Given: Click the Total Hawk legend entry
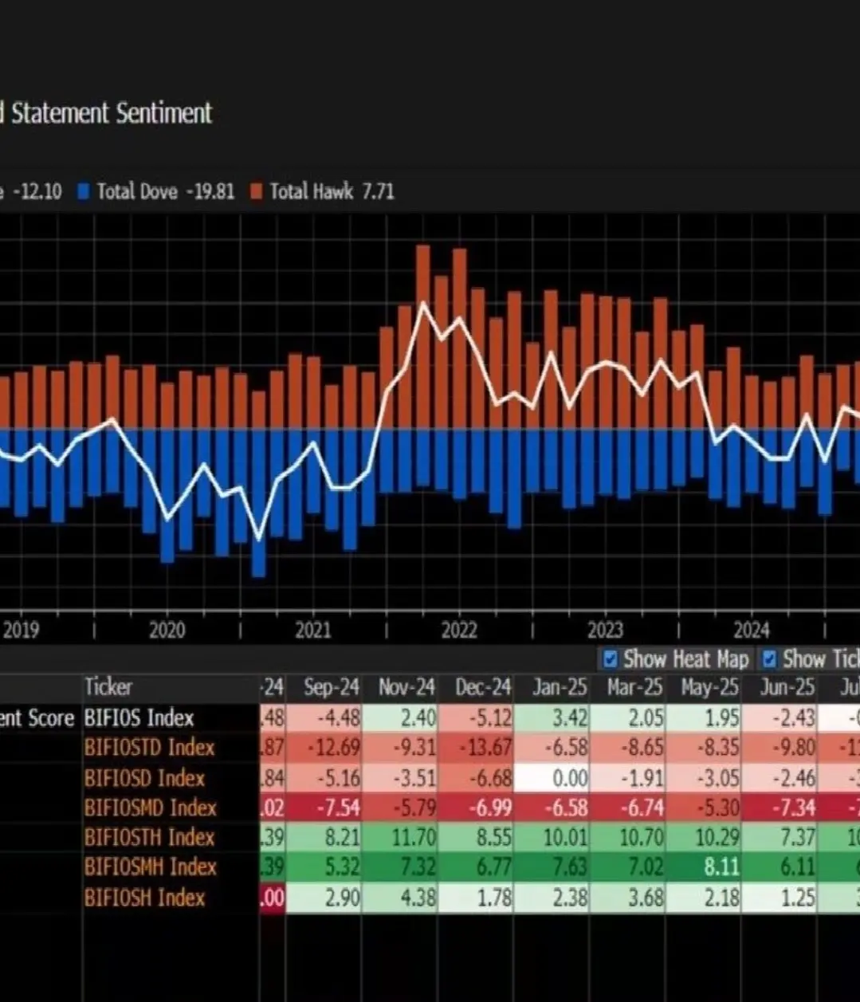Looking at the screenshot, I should (322, 191).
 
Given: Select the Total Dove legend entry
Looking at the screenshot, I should (156, 191).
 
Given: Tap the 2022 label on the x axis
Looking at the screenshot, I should (458, 631).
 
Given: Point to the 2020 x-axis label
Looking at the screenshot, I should (167, 631).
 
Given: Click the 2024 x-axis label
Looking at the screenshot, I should (751, 631).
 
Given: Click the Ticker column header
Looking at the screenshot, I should (108, 687).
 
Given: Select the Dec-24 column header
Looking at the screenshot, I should (482, 687).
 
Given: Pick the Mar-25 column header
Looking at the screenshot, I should (634, 687).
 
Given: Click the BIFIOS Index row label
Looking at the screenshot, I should (139, 718).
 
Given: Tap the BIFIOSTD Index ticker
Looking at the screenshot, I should (149, 748).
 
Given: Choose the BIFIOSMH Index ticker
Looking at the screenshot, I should (150, 867).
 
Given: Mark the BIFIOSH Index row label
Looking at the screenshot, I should (144, 898).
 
